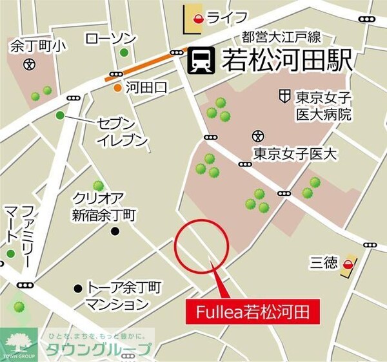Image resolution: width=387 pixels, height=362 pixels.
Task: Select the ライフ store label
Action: coord(227,17)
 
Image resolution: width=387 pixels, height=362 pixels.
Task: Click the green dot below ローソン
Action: coord(123,53)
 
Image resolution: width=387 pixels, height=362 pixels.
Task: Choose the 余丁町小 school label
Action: coord(29,46)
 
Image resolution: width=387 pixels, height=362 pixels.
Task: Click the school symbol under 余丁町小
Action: coord(28,64)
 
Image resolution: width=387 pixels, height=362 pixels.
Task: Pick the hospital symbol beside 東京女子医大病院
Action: coord(284,97)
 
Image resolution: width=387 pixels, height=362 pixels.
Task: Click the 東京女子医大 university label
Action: coord(295,155)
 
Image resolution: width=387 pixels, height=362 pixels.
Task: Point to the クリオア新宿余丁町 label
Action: coord(103,206)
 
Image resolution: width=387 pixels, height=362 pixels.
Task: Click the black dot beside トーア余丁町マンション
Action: coord(78,287)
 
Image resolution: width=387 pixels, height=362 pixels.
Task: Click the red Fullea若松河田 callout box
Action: coord(255,314)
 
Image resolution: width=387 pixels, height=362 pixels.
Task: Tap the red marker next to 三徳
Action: coord(348,264)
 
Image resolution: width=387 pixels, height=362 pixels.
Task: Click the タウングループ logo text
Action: coord(97,350)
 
